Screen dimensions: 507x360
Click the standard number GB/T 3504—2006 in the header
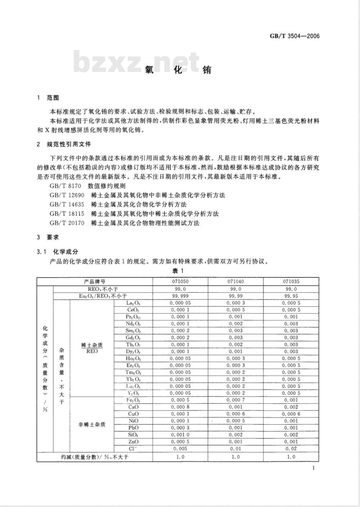coord(294,36)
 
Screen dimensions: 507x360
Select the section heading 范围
coord(53,98)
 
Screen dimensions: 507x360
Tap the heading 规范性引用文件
coord(69,144)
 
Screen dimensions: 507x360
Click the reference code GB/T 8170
coord(63,186)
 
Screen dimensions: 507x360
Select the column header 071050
coord(180,282)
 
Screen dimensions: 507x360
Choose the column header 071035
coord(291,282)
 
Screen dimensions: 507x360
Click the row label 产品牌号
coord(95,282)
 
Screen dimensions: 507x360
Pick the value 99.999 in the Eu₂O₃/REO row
coord(180,296)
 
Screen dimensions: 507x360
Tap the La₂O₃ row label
coord(133,303)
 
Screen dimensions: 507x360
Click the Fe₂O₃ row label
coord(133,400)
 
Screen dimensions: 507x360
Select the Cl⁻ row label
coord(133,449)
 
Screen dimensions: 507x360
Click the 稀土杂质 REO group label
coord(92,348)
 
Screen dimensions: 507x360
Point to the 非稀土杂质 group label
coord(92,424)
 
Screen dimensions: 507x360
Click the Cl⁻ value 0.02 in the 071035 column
coord(291,449)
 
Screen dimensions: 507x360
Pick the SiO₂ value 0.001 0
coord(180,435)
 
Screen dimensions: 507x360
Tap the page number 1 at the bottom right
coord(314,468)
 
